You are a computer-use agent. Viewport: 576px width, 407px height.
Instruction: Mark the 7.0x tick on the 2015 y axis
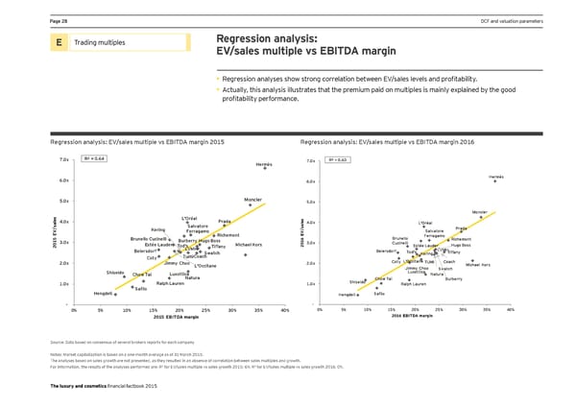pos(62,159)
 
